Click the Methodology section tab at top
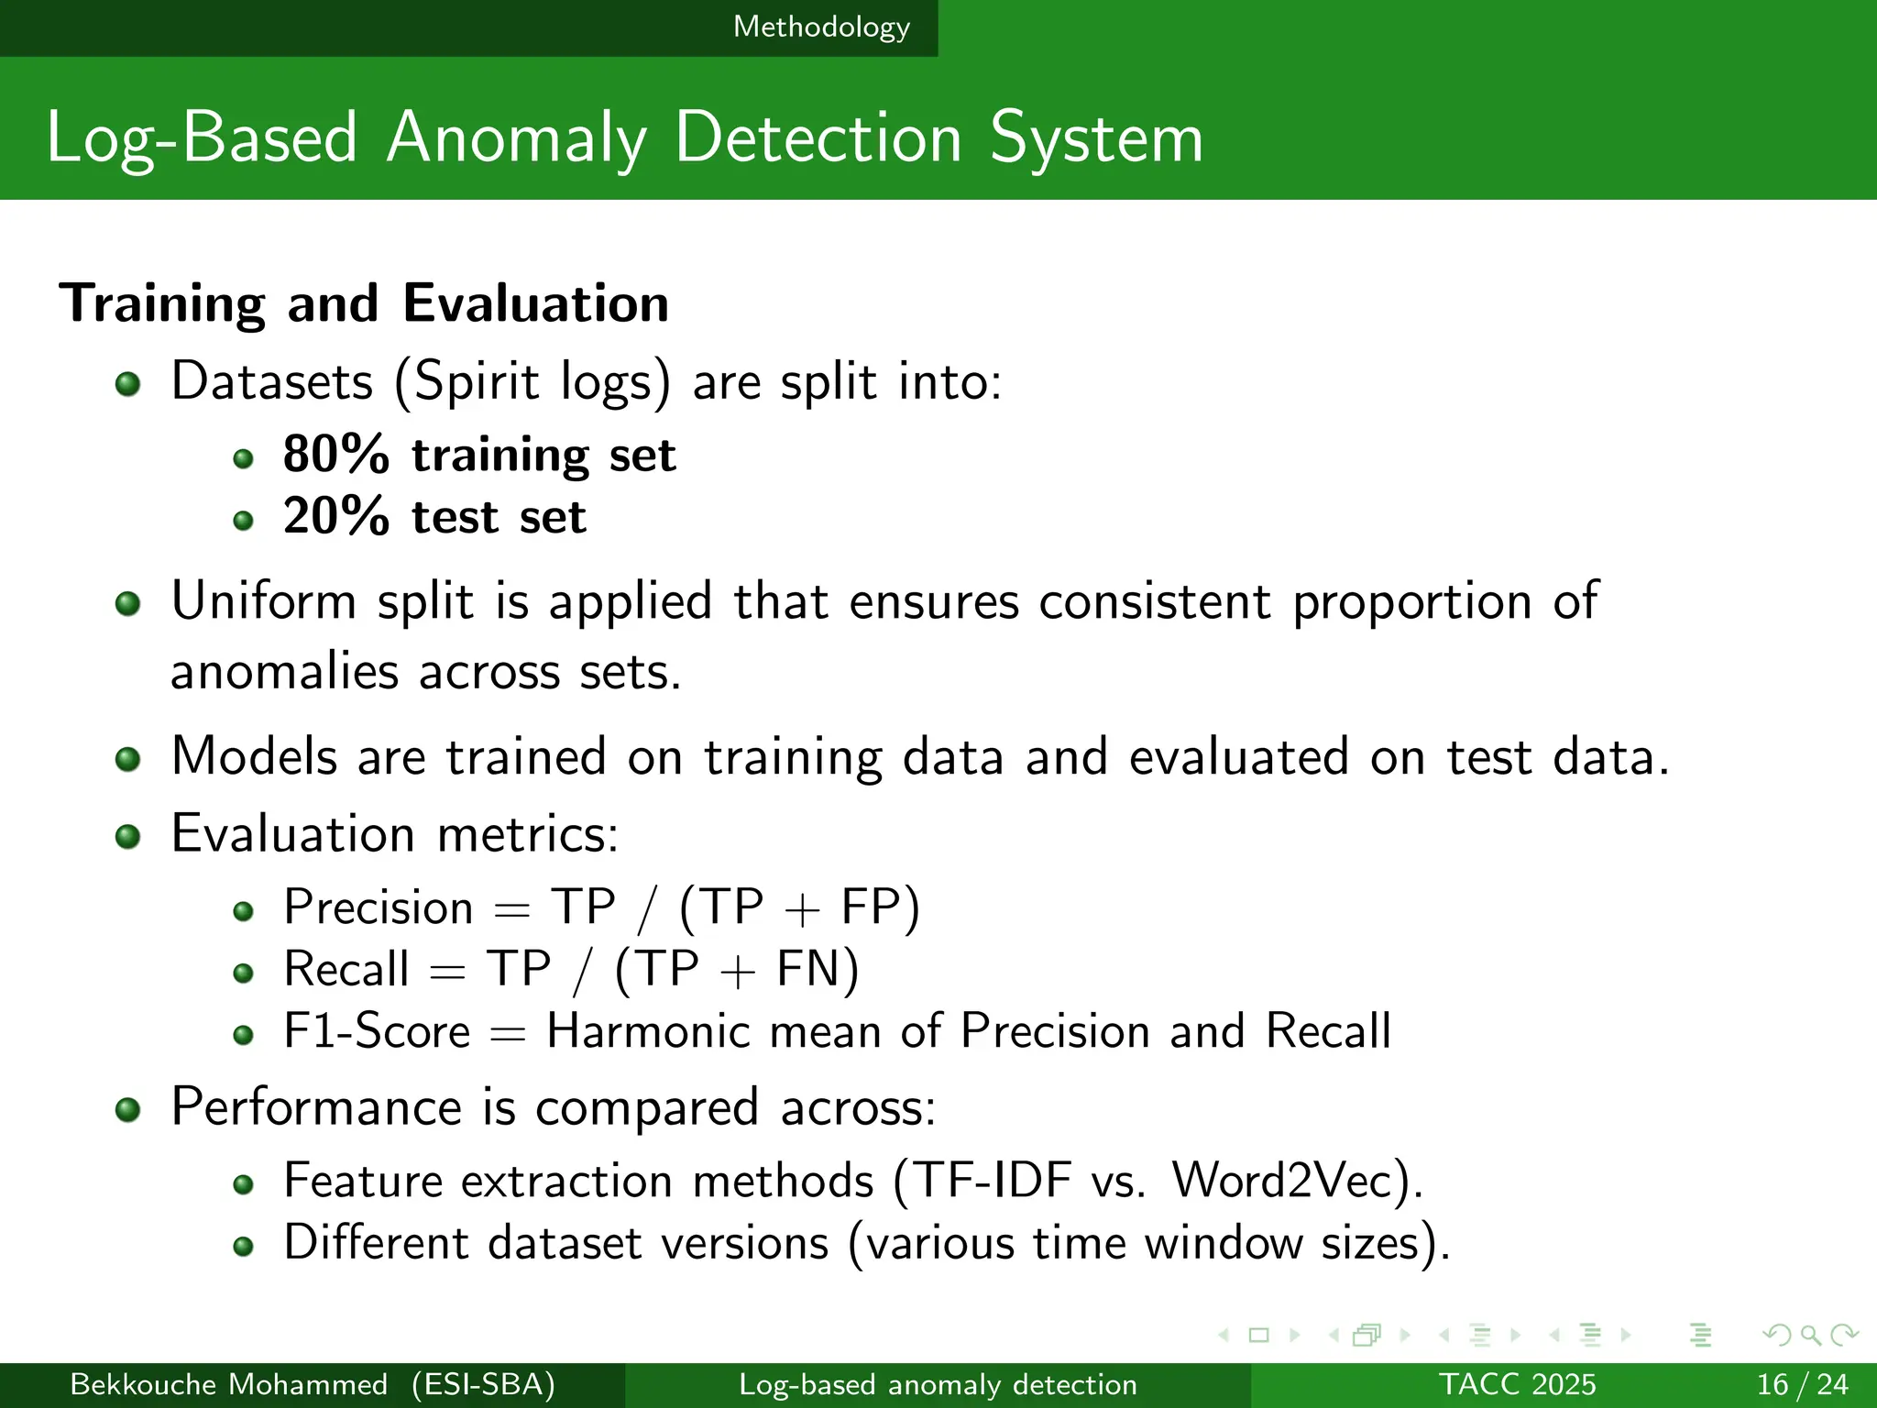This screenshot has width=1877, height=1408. (x=821, y=27)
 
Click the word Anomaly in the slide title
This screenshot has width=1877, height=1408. (x=517, y=139)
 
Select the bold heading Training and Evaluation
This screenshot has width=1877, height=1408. (x=364, y=303)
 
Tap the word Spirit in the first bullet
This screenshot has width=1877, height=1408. (x=476, y=381)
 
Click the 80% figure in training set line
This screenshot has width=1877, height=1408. (x=335, y=455)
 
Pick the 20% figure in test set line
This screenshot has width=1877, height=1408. (x=335, y=517)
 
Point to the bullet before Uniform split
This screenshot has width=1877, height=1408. (x=128, y=604)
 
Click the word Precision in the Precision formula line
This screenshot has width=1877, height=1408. (x=379, y=907)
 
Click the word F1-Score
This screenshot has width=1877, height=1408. (x=377, y=1031)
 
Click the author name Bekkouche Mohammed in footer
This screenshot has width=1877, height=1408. (x=228, y=1384)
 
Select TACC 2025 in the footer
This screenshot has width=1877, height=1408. (x=1517, y=1384)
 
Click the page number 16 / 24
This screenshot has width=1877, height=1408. (x=1802, y=1384)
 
